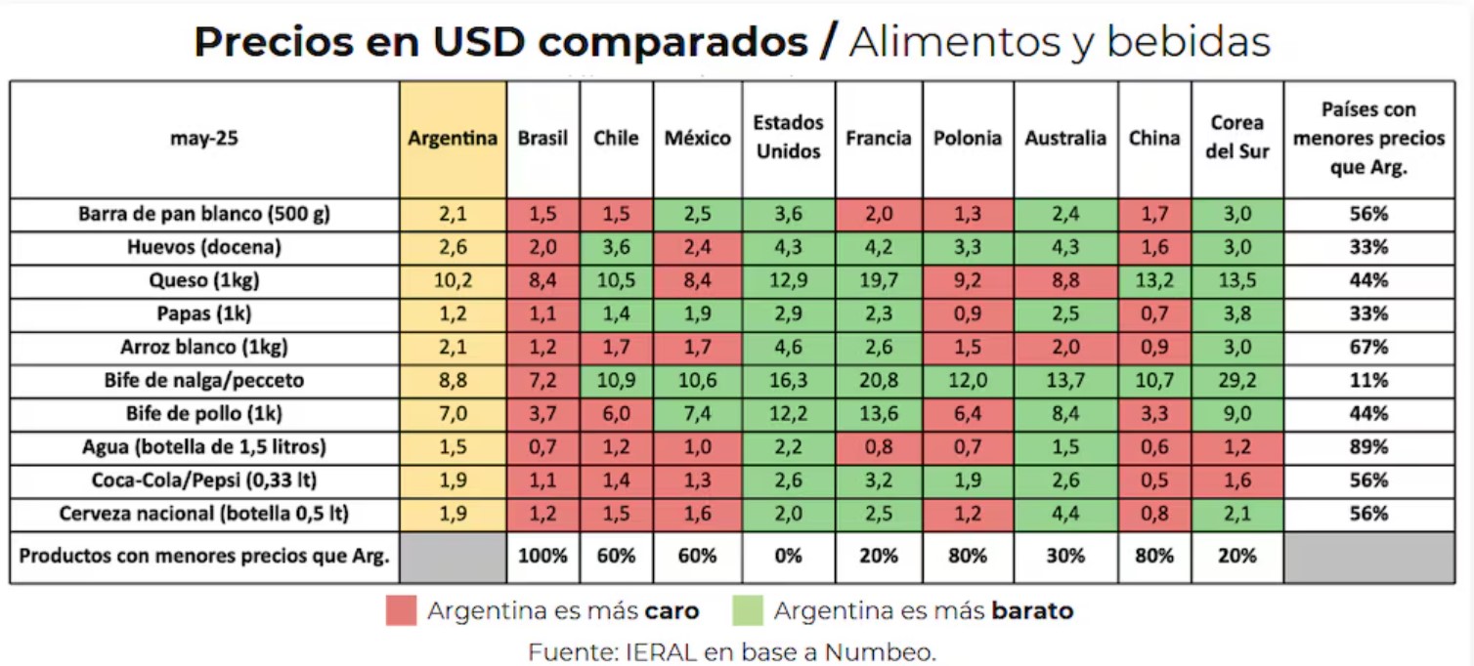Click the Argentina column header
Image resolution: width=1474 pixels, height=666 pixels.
453,139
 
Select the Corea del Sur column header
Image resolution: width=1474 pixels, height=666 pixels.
1236,138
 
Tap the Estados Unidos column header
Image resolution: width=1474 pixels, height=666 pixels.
788,138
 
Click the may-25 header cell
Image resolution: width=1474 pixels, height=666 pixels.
204,139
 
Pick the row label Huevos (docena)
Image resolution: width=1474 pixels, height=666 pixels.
204,247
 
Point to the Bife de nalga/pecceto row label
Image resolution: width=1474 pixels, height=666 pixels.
204,381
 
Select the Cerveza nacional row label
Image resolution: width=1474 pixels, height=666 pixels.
204,514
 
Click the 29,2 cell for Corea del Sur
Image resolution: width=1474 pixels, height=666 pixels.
1236,381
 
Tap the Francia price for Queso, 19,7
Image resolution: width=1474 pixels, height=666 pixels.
878,281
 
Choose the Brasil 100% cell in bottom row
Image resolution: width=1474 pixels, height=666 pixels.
542,556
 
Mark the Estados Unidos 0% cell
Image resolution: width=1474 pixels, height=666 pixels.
788,556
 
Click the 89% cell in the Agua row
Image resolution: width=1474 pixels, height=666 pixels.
1368,447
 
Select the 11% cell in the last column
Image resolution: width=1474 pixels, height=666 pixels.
1368,381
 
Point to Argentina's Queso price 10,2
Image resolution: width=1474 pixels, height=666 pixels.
453,281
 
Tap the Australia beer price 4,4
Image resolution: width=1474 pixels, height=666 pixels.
1065,514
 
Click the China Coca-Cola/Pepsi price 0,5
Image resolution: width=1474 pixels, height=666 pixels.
1154,480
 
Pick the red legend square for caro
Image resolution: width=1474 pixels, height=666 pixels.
402,611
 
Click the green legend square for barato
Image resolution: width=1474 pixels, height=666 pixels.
748,611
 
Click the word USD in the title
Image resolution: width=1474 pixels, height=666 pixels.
475,43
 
